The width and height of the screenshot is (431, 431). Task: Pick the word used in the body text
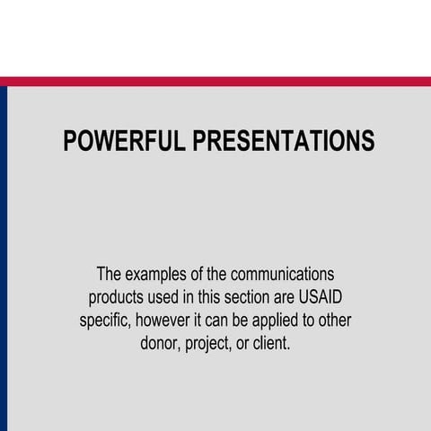click(169, 297)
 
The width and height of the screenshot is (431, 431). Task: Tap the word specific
click(106, 321)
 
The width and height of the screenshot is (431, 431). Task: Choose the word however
click(167, 321)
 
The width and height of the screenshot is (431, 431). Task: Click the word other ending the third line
click(331, 321)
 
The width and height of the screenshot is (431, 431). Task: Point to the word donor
click(162, 344)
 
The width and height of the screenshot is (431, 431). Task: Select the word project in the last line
click(211, 344)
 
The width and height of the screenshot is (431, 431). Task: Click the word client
click(272, 344)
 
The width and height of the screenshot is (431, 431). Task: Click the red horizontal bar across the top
click(215, 81)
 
